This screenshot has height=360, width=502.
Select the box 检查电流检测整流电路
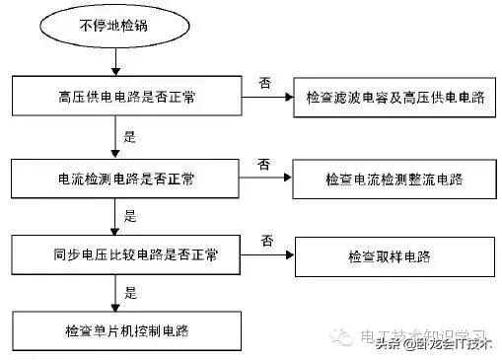pyautogui.click(x=392, y=180)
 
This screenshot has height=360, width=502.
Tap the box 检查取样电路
pyautogui.click(x=392, y=256)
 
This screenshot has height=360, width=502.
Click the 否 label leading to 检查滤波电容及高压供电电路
pyautogui.click(x=263, y=83)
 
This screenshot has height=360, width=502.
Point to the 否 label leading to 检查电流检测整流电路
pyautogui.click(x=263, y=162)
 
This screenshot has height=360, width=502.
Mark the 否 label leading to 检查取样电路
pyautogui.click(x=266, y=241)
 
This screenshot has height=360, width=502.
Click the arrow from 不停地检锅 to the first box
pyautogui.click(x=116, y=62)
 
